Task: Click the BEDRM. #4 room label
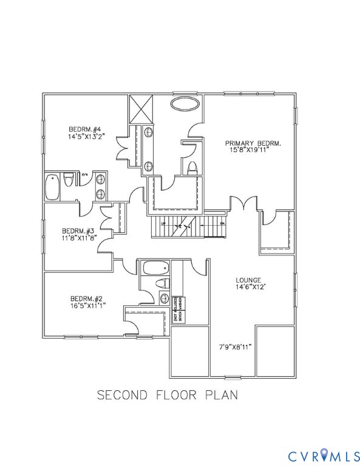[87, 129]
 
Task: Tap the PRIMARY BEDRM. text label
[253, 143]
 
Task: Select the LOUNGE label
[248, 281]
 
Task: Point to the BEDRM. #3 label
[78, 231]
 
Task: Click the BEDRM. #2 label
[86, 299]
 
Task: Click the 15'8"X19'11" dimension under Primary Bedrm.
[253, 150]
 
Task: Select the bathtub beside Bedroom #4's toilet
[53, 186]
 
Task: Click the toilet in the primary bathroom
[192, 168]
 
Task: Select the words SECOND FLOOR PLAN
[168, 395]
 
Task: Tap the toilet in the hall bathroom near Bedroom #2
[161, 283]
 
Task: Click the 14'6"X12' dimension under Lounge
[248, 288]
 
